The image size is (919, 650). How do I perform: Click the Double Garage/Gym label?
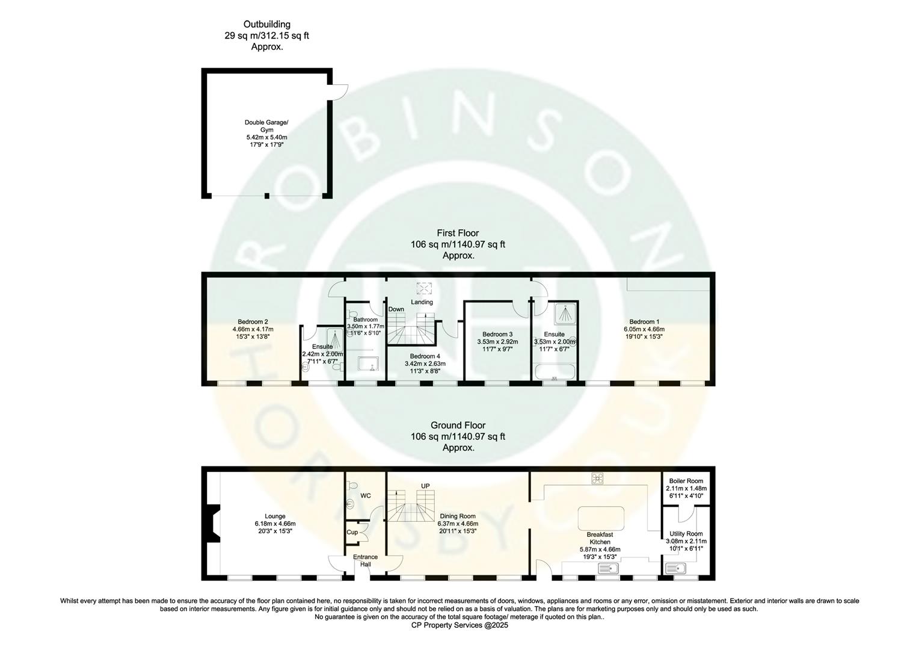coord(266,126)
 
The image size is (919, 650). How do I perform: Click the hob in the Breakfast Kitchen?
coord(597,478)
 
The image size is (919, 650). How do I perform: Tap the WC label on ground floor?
coord(365,495)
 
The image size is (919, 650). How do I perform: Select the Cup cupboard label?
coord(352,532)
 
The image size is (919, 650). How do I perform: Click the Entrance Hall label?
coord(365,560)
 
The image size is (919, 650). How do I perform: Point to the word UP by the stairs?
coord(425,486)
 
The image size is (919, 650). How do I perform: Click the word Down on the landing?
coord(396,309)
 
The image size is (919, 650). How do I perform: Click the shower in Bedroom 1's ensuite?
coord(564,313)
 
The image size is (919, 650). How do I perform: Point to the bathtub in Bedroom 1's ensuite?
coord(555,371)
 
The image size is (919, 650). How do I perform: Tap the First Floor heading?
coord(458,233)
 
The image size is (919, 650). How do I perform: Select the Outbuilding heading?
coord(266,25)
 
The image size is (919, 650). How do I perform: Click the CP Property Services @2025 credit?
coord(459,625)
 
